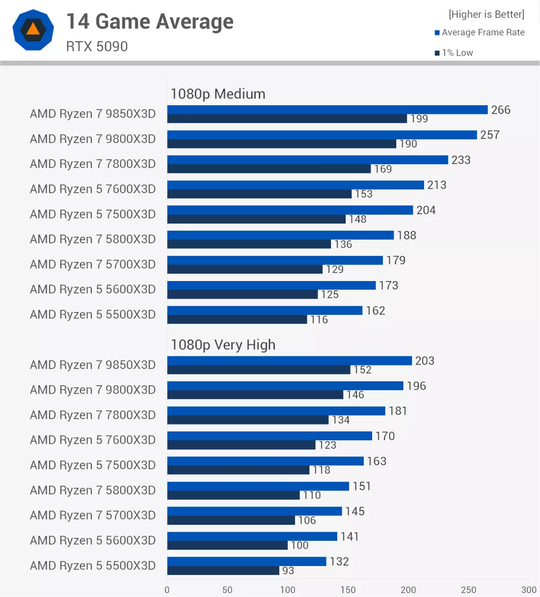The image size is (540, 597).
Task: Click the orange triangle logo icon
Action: pyautogui.click(x=33, y=29)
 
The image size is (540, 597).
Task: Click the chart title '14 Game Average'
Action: pyautogui.click(x=150, y=22)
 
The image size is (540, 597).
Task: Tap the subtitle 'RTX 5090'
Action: pyautogui.click(x=97, y=47)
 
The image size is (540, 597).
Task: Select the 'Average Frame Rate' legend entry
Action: pyautogui.click(x=480, y=32)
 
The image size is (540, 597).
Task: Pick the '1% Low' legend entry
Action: pyautogui.click(x=454, y=53)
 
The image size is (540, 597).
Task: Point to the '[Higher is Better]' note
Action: pyautogui.click(x=486, y=14)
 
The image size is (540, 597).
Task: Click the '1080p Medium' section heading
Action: pyautogui.click(x=218, y=94)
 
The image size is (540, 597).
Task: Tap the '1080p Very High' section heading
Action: pyautogui.click(x=223, y=345)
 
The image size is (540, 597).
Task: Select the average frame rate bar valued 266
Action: pyautogui.click(x=327, y=110)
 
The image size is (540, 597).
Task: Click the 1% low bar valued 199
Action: pyautogui.click(x=287, y=119)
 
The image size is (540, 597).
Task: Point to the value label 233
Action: pyautogui.click(x=461, y=160)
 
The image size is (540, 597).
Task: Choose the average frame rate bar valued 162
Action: pyautogui.click(x=265, y=311)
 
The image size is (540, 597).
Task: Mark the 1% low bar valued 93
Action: pyautogui.click(x=223, y=570)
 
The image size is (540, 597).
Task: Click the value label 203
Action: pyautogui.click(x=425, y=361)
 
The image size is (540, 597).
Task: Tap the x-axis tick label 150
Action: pyautogui.click(x=348, y=590)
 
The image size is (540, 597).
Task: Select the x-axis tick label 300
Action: pyautogui.click(x=529, y=590)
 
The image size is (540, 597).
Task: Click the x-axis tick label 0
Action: pyautogui.click(x=167, y=590)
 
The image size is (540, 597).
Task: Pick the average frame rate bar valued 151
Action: pyautogui.click(x=258, y=486)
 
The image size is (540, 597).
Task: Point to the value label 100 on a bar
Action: pyautogui.click(x=299, y=545)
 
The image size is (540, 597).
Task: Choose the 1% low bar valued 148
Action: pyautogui.click(x=256, y=219)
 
